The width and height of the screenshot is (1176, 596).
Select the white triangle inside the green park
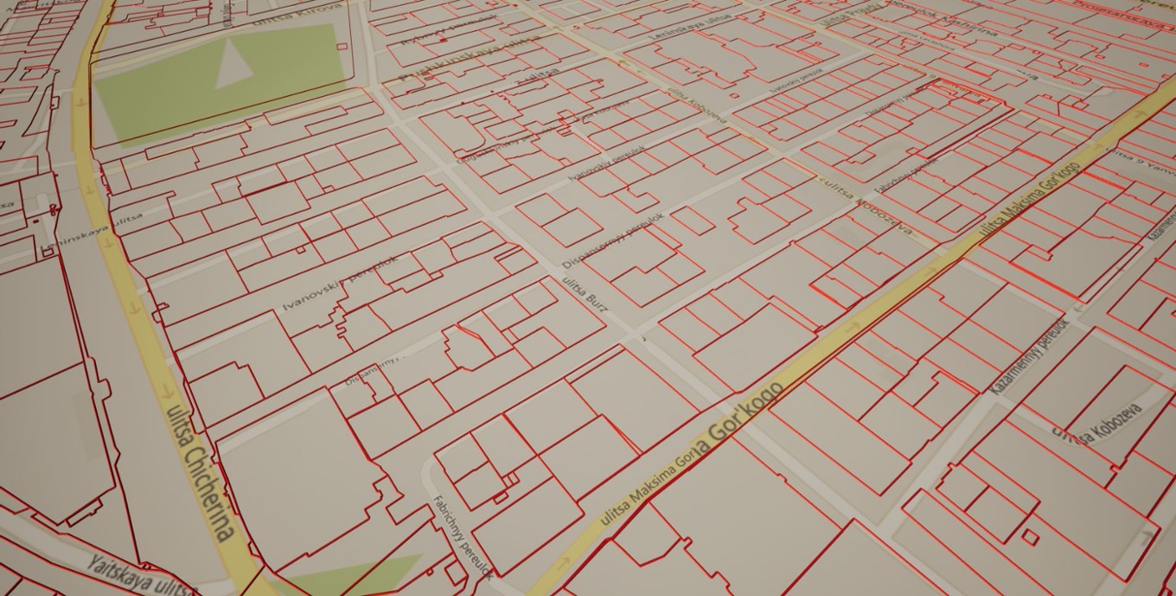click(x=232, y=66)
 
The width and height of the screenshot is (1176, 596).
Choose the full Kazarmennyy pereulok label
click(x=1030, y=356)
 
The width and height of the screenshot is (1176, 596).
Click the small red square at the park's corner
click(x=342, y=47)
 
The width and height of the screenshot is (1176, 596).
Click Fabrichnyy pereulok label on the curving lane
click(x=463, y=536)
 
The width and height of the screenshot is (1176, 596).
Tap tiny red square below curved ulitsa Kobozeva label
click(x=1029, y=536)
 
